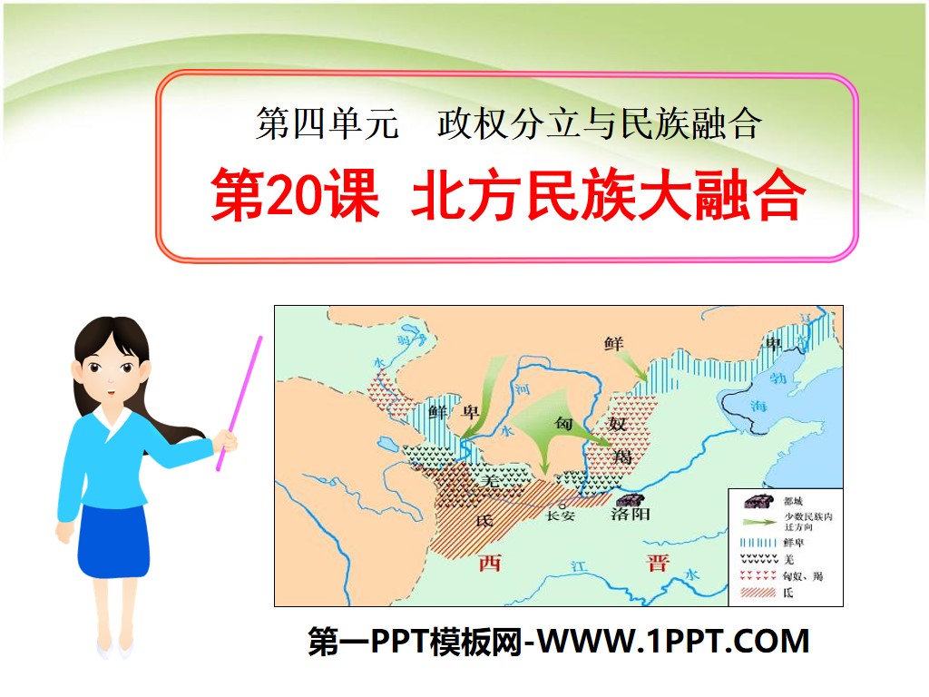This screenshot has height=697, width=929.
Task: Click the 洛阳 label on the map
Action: pyautogui.click(x=631, y=515)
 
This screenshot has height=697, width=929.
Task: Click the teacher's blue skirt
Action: pyautogui.click(x=114, y=542)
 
